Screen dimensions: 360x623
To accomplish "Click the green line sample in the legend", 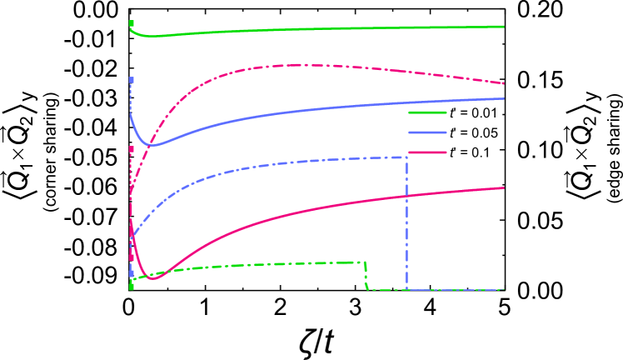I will (x=427, y=112).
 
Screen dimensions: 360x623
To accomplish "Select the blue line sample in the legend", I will (x=427, y=132).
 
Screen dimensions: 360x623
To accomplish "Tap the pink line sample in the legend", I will (x=427, y=152).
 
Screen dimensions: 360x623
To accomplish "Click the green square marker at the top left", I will (x=132, y=23).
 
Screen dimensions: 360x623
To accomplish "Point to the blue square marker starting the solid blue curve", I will (x=132, y=80).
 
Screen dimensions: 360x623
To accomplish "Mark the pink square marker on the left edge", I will (x=132, y=149).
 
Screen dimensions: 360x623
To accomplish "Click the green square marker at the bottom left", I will (x=132, y=286).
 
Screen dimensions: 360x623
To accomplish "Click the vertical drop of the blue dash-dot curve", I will (x=406, y=225).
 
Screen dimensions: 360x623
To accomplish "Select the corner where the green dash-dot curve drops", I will (x=365, y=263).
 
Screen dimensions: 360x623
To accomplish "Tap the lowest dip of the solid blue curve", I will (x=152, y=145).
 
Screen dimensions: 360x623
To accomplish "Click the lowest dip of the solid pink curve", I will (x=152, y=277).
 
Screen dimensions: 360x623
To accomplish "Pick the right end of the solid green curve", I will (x=504, y=26).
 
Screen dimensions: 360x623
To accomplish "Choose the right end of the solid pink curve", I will (x=504, y=187).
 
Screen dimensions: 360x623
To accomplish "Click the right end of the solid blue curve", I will (x=504, y=98).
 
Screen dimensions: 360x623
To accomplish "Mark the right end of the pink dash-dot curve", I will (x=504, y=83).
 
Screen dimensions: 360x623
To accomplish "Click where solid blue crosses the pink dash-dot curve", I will (x=149, y=144).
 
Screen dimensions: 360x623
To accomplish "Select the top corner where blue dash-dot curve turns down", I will (x=406, y=157).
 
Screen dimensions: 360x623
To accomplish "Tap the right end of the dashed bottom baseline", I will (x=504, y=290).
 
